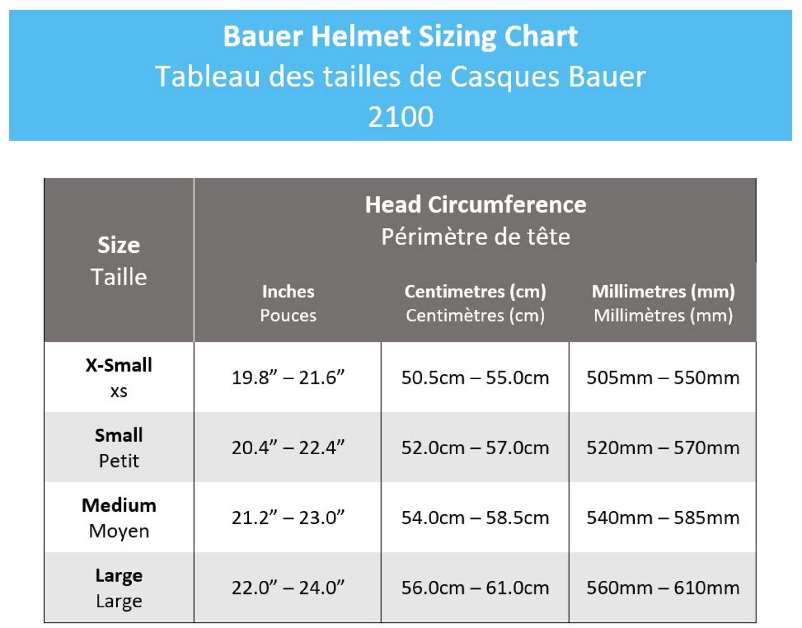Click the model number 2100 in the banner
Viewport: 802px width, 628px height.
point(400,117)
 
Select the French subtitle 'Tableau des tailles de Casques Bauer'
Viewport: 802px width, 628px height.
point(400,76)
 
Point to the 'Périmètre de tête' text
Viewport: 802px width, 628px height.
point(475,236)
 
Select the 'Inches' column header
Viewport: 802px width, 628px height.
point(288,292)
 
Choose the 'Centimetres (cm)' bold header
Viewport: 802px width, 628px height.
point(475,292)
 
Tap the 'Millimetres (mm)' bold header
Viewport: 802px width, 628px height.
point(663,292)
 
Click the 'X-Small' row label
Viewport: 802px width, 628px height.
point(119,365)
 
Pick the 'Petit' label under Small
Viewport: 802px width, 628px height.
point(119,461)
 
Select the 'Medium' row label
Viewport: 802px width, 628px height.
point(119,505)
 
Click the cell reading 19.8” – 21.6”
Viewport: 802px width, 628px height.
point(288,378)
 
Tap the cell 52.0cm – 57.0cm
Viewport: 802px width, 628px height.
point(475,448)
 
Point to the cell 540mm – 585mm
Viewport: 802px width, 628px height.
point(663,518)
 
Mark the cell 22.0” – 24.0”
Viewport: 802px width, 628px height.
point(288,588)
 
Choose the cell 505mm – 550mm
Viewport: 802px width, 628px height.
point(663,378)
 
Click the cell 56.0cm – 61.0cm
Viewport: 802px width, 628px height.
point(475,588)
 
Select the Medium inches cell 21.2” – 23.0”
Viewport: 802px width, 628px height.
point(288,518)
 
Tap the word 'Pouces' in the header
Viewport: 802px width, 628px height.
point(288,316)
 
